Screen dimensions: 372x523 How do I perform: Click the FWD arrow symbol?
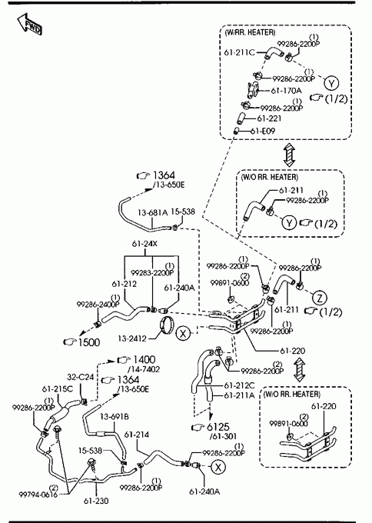pyautogui.click(x=30, y=25)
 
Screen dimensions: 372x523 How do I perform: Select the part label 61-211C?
pyautogui.click(x=240, y=52)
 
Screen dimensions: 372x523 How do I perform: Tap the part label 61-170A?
pyautogui.click(x=286, y=91)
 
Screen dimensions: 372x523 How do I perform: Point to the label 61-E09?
pyautogui.click(x=263, y=131)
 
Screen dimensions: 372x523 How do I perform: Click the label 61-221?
pyautogui.click(x=269, y=118)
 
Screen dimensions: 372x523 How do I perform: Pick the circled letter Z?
pyautogui.click(x=320, y=298)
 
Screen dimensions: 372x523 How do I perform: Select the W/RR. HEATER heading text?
pyautogui.click(x=251, y=32)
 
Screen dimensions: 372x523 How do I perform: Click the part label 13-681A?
pyautogui.click(x=153, y=212)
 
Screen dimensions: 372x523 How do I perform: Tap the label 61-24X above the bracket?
pyautogui.click(x=144, y=244)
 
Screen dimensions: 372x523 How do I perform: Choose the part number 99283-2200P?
pyautogui.click(x=152, y=272)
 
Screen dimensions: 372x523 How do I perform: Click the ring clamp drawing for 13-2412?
pyautogui.click(x=167, y=325)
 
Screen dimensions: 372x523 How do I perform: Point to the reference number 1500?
pyautogui.click(x=88, y=342)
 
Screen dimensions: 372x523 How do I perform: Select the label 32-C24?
pyautogui.click(x=81, y=377)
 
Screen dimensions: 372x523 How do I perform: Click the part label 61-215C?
pyautogui.click(x=58, y=389)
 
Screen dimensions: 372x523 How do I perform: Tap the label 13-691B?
pyautogui.click(x=115, y=417)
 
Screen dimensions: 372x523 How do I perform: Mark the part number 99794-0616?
pyautogui.click(x=38, y=494)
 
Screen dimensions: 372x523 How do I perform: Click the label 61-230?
pyautogui.click(x=96, y=501)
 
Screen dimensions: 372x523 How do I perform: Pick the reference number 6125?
pyautogui.click(x=218, y=427)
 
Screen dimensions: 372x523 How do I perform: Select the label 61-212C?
pyautogui.click(x=239, y=385)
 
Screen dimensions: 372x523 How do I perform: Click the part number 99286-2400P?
pyautogui.click(x=98, y=305)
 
